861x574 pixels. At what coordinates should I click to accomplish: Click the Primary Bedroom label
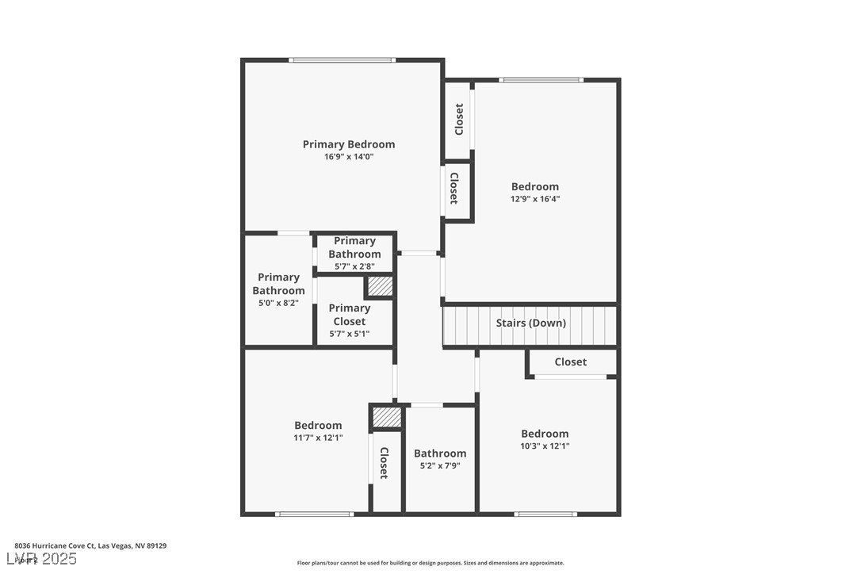coord(348,144)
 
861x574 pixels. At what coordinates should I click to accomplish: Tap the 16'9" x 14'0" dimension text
coord(348,157)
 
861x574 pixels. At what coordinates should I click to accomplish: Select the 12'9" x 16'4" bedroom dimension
coord(535,199)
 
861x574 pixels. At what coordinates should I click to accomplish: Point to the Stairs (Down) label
coord(530,323)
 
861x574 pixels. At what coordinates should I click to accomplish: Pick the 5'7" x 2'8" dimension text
coord(354,266)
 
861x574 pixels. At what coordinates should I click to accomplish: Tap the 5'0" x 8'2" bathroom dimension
coord(278,303)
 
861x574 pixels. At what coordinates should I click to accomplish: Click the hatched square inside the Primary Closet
coord(380,286)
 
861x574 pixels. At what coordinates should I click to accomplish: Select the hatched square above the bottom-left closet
coord(387,417)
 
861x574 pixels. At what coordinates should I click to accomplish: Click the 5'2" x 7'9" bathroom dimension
coord(440,465)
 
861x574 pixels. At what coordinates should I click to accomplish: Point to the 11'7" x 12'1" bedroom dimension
coord(318,437)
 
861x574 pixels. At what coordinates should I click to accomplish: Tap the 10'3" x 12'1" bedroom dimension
coord(545,446)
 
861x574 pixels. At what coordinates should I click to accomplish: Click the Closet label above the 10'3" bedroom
coord(570,362)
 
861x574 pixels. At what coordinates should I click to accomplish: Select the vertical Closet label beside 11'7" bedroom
coord(384,463)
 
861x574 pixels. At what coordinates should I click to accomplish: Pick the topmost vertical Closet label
coord(458,120)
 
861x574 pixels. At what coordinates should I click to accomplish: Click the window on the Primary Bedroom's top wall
coord(342,59)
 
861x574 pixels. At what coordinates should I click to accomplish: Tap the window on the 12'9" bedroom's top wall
coord(541,79)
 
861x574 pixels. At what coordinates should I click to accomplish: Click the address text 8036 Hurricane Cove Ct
coord(90,545)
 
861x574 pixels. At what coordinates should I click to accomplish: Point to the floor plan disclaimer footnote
coord(430,563)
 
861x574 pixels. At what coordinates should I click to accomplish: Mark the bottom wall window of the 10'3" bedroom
coord(545,514)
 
